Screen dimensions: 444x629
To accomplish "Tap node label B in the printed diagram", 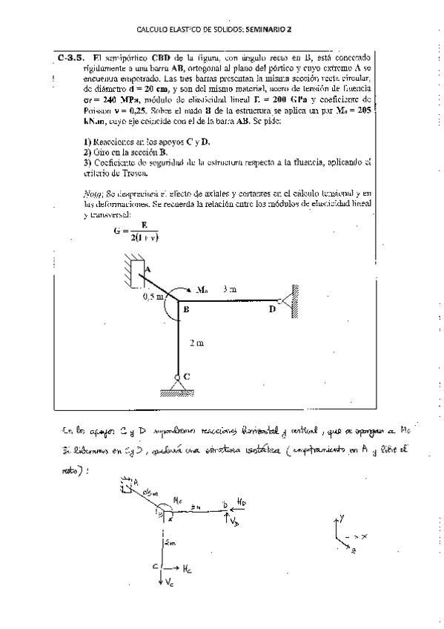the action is (x=186, y=309).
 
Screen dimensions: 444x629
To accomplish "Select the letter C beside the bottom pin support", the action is (x=186, y=376).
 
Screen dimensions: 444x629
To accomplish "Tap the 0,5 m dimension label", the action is (x=153, y=297).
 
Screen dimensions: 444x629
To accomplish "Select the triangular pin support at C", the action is (x=176, y=384).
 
